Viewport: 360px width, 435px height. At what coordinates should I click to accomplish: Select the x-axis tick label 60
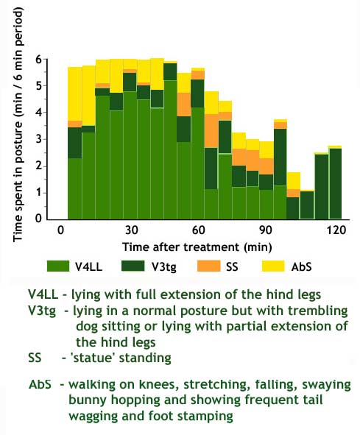pyautogui.click(x=198, y=230)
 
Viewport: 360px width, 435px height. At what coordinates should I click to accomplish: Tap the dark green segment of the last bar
pyautogui.click(x=336, y=184)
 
